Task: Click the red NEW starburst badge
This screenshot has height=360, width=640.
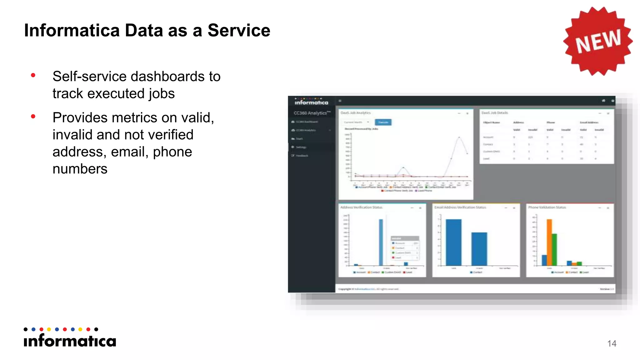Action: (597, 41)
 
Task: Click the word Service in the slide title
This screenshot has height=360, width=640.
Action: (239, 30)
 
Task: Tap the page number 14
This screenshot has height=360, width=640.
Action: (612, 343)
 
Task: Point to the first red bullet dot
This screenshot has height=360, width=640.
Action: (33, 75)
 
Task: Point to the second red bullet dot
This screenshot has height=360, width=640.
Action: (33, 117)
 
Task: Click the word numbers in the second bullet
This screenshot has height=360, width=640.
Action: (80, 169)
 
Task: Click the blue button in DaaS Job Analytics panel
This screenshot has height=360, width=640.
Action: (383, 122)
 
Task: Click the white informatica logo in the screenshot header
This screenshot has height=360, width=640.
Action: (311, 102)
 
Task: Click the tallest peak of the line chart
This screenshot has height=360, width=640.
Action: (459, 137)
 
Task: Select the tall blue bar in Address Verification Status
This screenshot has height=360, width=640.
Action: (381, 242)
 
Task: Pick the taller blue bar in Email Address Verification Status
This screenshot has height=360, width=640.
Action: (453, 242)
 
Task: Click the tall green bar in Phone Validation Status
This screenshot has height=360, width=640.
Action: (554, 249)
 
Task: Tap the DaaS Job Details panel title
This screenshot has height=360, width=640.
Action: (495, 113)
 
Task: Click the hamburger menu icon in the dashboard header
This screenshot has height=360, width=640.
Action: (340, 101)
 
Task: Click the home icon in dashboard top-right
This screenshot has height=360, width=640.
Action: (603, 101)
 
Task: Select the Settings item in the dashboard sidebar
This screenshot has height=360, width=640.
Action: (301, 147)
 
